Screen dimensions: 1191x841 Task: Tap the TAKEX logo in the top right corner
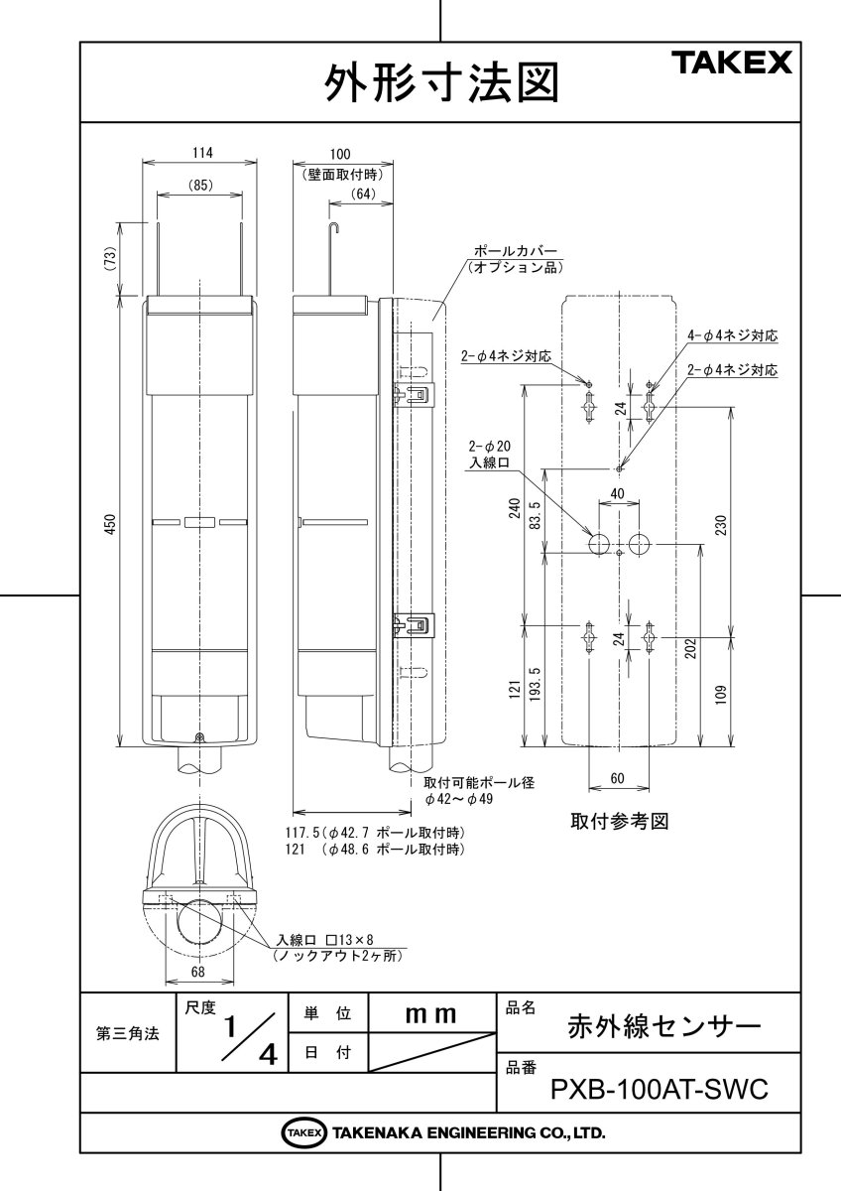click(x=735, y=64)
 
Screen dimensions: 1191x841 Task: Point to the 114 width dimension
click(x=202, y=153)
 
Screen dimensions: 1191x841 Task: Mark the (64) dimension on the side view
click(x=362, y=195)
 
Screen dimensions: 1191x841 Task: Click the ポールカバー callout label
click(x=516, y=253)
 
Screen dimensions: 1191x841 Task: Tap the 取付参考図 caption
click(x=615, y=822)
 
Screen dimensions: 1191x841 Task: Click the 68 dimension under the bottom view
click(x=198, y=973)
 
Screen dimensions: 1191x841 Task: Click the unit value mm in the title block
click(x=431, y=1014)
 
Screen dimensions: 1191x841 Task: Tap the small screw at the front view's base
click(x=200, y=736)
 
